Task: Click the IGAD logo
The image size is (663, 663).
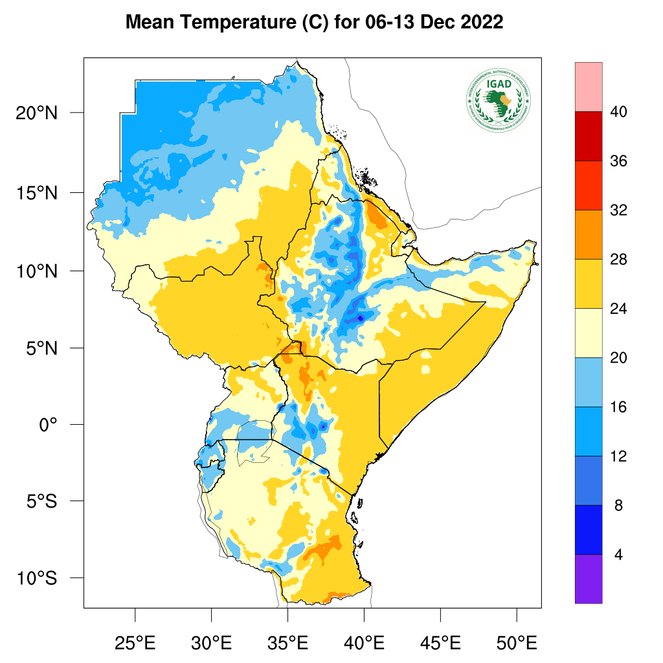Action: pyautogui.click(x=498, y=98)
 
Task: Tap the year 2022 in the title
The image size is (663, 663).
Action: pyautogui.click(x=482, y=23)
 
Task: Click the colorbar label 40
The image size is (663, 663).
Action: pyautogui.click(x=618, y=113)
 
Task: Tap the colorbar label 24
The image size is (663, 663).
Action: pyautogui.click(x=618, y=309)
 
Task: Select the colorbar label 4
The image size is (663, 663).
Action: pyautogui.click(x=618, y=556)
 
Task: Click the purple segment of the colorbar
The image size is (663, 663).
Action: pyautogui.click(x=588, y=579)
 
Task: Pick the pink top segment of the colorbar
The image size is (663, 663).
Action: pyautogui.click(x=588, y=87)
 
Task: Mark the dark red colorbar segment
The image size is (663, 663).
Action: pyautogui.click(x=588, y=136)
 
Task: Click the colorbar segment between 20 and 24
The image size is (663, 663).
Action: pyautogui.click(x=588, y=333)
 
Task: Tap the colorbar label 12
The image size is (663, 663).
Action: pyautogui.click(x=618, y=457)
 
